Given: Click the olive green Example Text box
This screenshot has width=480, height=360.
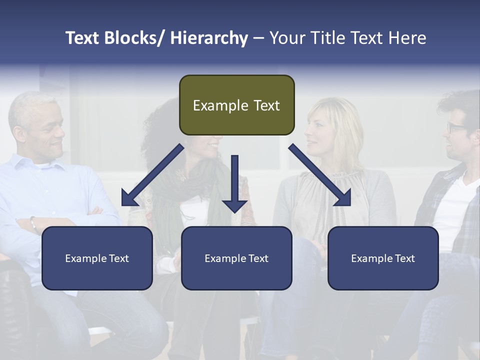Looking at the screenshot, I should pos(236,105).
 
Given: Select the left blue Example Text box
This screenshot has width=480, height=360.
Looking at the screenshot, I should pos(97,258).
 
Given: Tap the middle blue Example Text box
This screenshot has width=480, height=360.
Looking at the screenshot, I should pos(236,258).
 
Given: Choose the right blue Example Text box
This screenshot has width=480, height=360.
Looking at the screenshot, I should pos(383,258).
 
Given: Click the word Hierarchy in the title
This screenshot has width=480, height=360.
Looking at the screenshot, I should pos(208,38).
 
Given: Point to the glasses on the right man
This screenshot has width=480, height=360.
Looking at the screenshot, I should pos(455,127).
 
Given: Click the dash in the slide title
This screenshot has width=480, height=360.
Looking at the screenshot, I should pos(258,38).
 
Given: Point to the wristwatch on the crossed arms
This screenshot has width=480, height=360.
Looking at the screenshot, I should pos(33,223).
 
